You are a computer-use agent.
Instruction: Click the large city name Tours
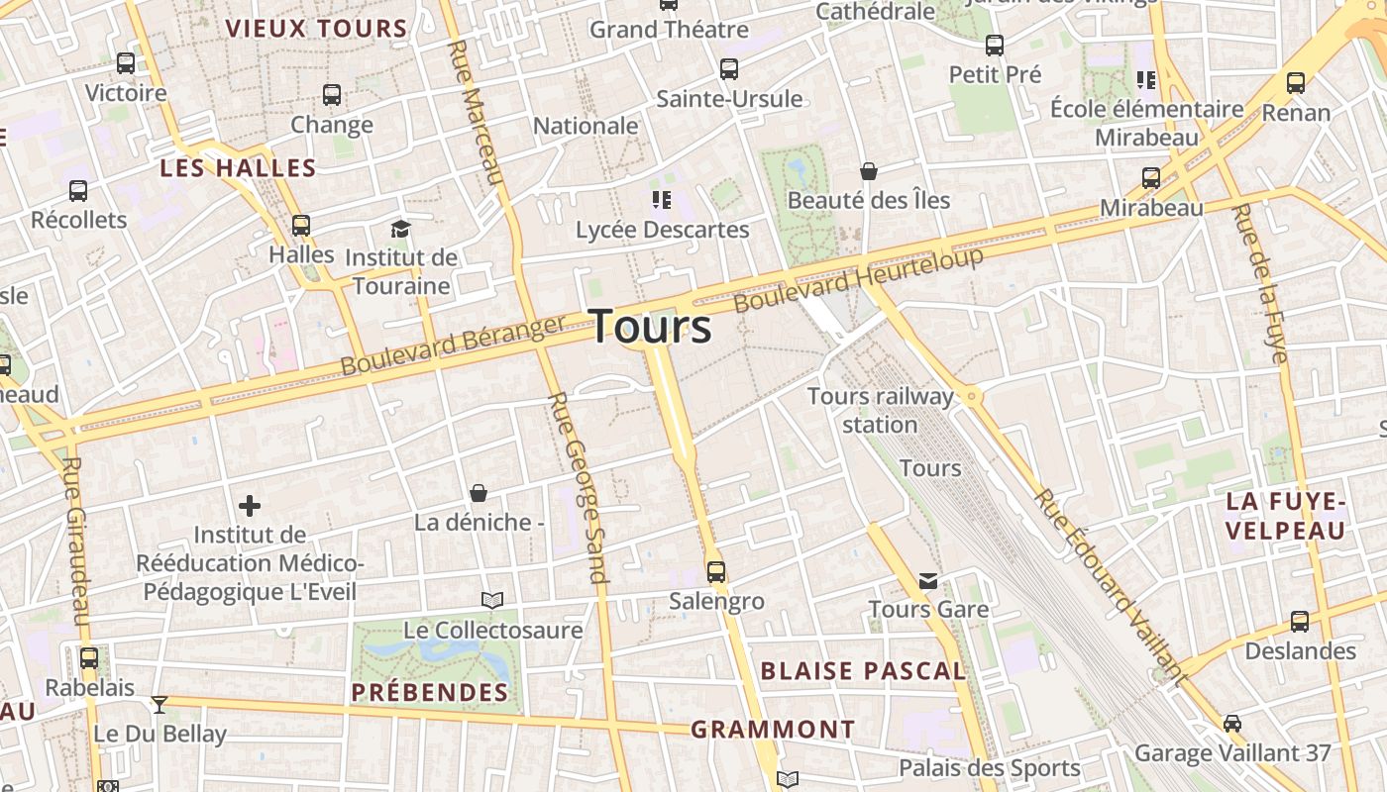[x=652, y=327]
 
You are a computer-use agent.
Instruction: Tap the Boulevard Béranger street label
[x=453, y=345]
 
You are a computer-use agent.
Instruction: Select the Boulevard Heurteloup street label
[x=859, y=279]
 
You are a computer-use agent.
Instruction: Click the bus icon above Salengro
[x=715, y=571]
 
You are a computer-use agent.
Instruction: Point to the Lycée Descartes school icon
[x=662, y=201]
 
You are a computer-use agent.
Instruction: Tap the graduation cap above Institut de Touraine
[x=400, y=229]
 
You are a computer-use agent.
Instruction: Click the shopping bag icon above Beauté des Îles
[x=869, y=171]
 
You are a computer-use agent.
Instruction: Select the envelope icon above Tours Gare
[x=928, y=580]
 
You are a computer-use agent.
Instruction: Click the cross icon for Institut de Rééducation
[x=250, y=506]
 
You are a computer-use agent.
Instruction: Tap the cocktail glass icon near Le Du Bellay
[x=159, y=704]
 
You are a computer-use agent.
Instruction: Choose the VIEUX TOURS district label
[x=316, y=29]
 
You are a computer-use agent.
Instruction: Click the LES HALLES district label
[x=238, y=168]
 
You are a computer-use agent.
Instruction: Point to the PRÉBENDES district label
[x=430, y=692]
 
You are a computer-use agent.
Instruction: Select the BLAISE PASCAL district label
[x=863, y=671]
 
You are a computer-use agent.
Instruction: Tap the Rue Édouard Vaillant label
[x=1111, y=588]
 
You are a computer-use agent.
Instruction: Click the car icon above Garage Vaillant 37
[x=1231, y=723]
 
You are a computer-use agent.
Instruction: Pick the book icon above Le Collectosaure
[x=492, y=600]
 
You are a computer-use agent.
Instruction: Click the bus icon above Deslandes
[x=1300, y=622]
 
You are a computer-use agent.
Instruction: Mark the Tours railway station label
[x=880, y=410]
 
